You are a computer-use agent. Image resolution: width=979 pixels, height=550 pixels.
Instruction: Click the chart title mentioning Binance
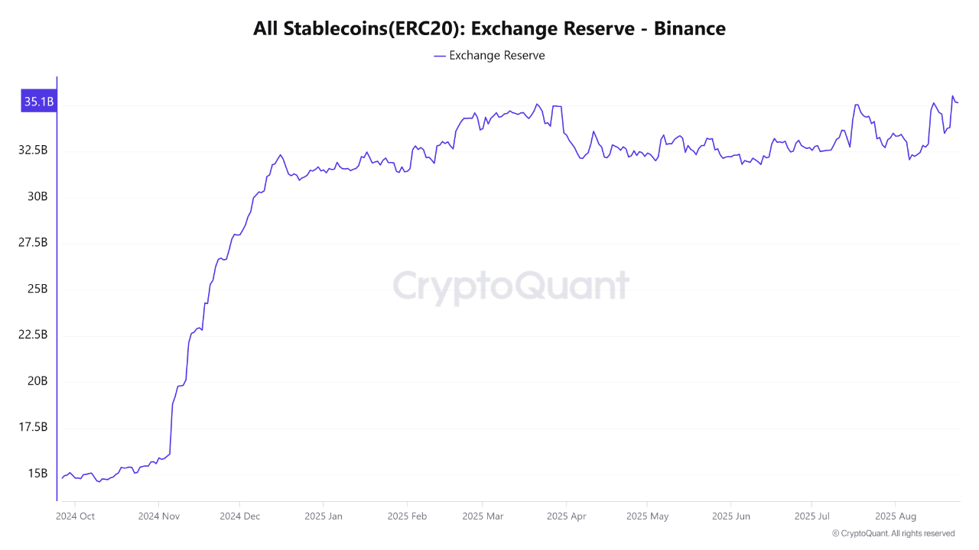point(489,29)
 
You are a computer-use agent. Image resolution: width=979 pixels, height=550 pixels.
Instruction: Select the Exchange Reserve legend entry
point(489,56)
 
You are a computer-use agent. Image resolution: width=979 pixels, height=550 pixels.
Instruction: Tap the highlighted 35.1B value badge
point(38,102)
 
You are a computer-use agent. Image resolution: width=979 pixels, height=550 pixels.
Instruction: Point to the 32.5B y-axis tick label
point(34,150)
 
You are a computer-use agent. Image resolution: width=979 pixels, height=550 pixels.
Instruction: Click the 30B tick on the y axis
point(37,196)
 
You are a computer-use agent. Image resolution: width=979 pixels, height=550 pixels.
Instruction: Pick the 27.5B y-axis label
point(34,243)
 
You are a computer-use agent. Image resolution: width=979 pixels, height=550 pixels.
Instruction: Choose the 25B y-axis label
point(37,289)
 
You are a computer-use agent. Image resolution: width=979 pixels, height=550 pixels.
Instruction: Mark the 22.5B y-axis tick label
point(34,335)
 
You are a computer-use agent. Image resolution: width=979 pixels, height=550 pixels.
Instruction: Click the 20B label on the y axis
point(37,381)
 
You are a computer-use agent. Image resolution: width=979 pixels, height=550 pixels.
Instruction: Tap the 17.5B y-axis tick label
point(34,427)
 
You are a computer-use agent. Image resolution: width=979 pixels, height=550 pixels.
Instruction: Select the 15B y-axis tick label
point(37,474)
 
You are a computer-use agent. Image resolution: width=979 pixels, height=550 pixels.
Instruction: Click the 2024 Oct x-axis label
point(76,516)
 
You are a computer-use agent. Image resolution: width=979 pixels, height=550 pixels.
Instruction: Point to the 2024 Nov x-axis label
point(158,516)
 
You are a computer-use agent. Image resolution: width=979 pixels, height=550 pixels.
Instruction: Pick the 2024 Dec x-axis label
point(240,516)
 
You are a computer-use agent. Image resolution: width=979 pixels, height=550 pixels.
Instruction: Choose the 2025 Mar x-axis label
point(483,516)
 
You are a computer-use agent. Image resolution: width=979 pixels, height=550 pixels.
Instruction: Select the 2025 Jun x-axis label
point(732,516)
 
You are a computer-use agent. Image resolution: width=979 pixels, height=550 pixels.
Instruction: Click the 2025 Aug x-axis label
point(896,516)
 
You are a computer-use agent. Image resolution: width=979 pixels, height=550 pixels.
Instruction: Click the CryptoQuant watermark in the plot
point(511,287)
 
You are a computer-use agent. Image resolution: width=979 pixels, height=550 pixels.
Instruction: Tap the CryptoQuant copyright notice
point(893,533)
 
